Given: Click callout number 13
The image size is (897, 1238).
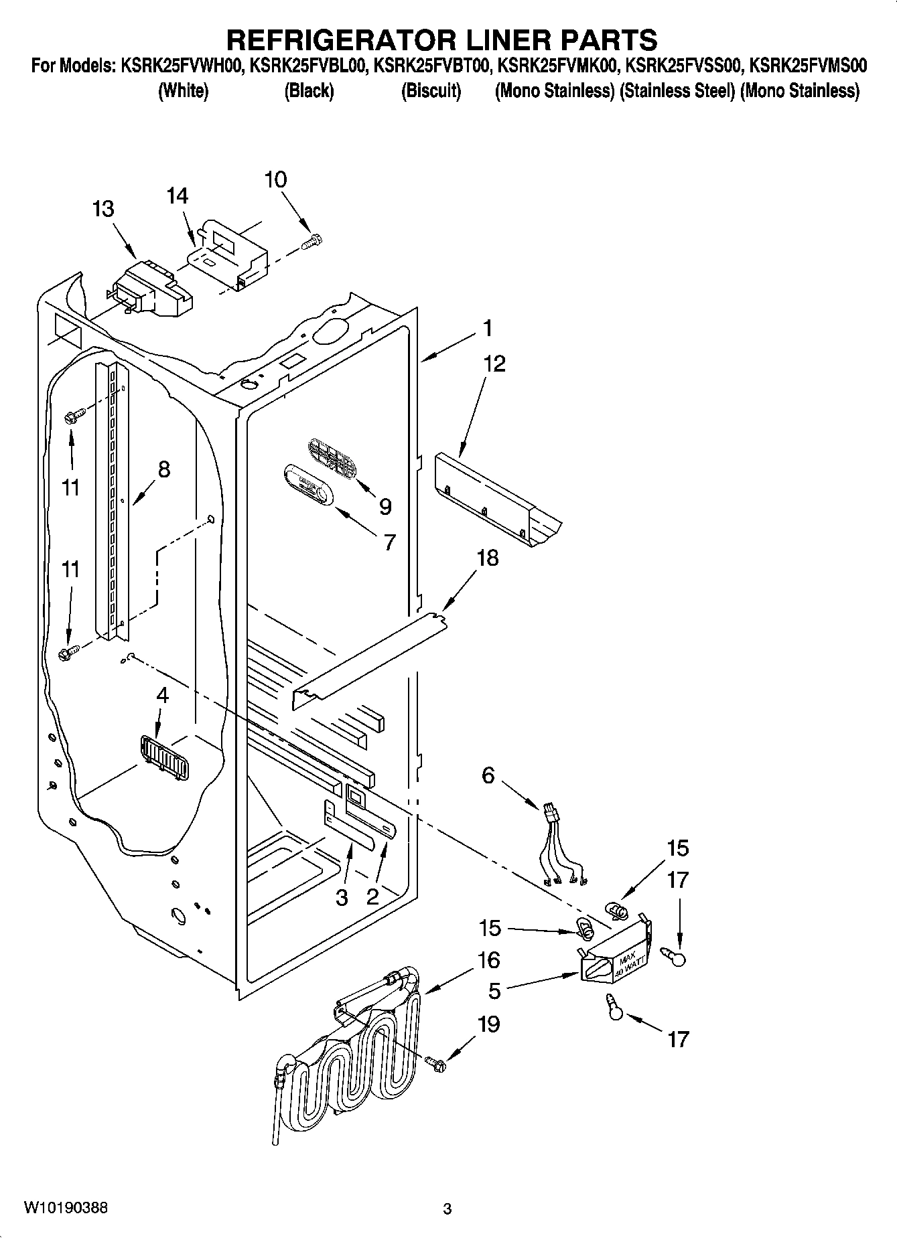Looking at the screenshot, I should (103, 209).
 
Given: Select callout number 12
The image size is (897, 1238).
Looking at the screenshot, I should (494, 364).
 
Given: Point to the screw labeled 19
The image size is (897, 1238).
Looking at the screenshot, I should (435, 1062).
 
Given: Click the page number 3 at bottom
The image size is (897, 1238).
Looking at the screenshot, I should (447, 1209).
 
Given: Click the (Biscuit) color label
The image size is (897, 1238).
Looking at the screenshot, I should (431, 90).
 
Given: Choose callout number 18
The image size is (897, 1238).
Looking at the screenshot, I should (488, 557).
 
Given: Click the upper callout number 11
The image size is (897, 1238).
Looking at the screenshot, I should (70, 487).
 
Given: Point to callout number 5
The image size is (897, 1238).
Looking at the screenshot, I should (494, 991).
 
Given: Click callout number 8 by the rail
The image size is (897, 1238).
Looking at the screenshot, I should (163, 469).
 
